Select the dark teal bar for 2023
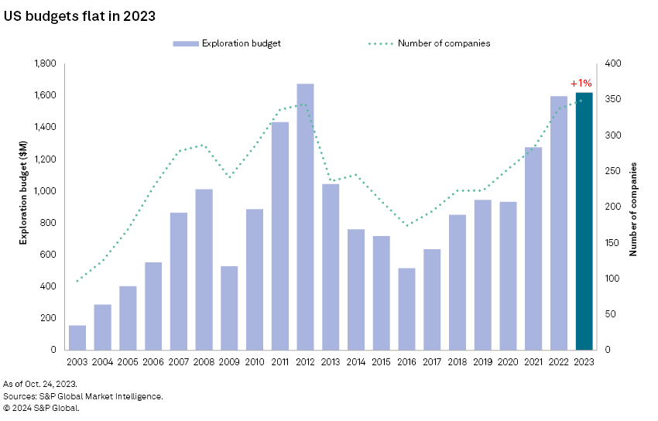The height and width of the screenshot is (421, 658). click(x=584, y=221)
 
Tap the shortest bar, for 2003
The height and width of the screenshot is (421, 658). click(x=77, y=337)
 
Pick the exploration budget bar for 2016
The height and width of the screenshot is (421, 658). click(x=406, y=309)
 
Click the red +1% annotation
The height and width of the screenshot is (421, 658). click(x=581, y=83)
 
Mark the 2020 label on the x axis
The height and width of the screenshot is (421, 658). click(x=508, y=362)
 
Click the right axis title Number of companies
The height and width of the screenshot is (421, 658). click(x=634, y=209)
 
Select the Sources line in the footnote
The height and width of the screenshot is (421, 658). click(x=83, y=396)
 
